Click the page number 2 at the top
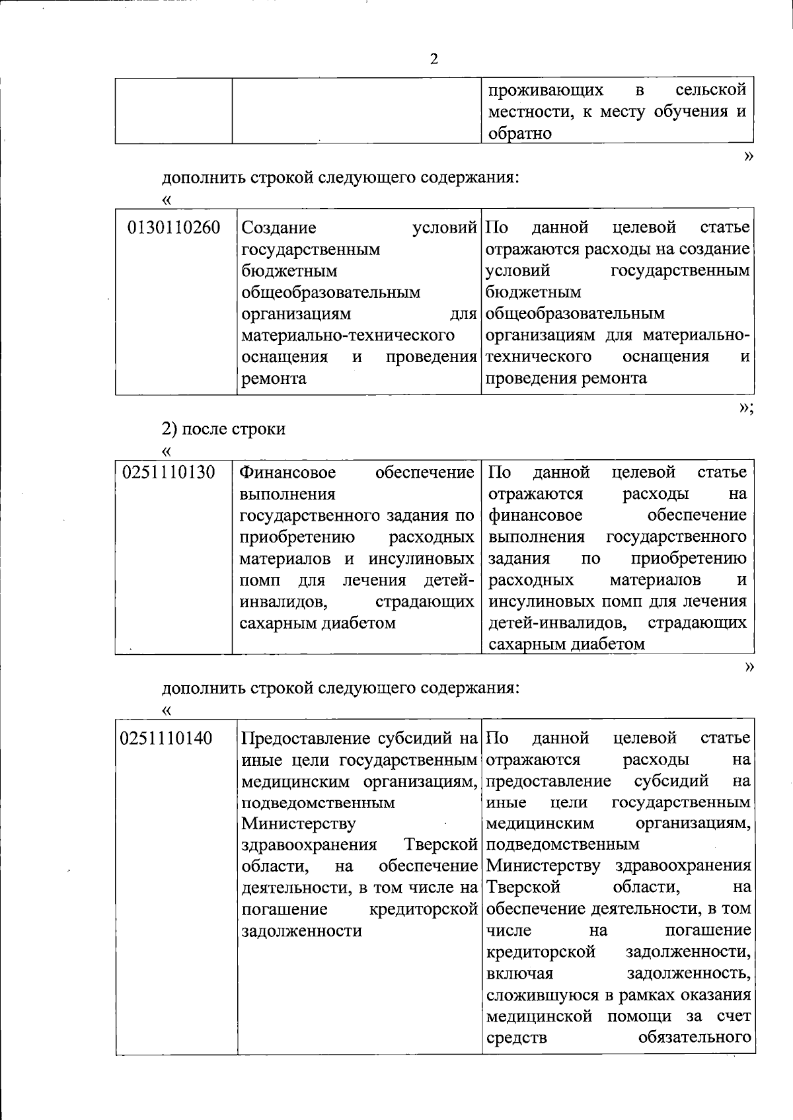pos(434,59)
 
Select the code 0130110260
pos(174,229)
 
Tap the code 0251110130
pos(169,473)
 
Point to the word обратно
pos(520,133)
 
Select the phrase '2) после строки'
pos(224,429)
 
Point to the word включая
pos(519,973)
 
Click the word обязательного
pos(695,1037)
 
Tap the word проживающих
pos(546,89)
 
